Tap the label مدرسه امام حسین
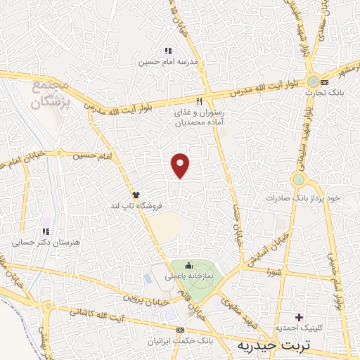(x=167, y=62)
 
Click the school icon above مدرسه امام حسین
(x=167, y=51)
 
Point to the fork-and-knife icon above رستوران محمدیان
(x=200, y=100)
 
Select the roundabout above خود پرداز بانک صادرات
(x=300, y=180)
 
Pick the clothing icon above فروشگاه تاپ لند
(x=136, y=194)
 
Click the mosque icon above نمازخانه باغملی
(x=188, y=266)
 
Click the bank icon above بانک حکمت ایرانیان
(x=181, y=330)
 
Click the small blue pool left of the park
(x=147, y=278)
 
